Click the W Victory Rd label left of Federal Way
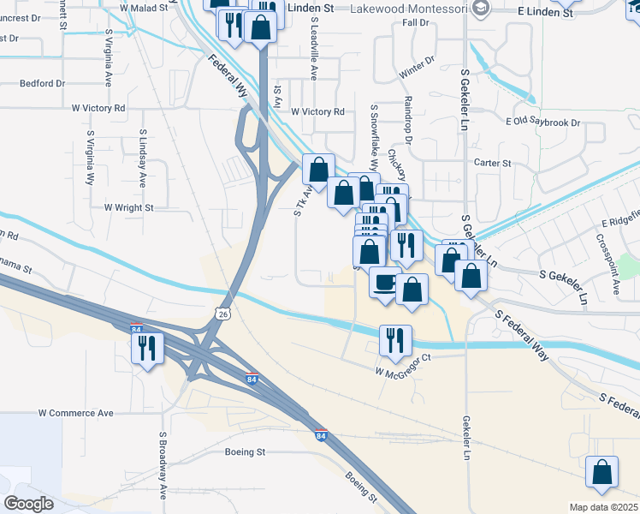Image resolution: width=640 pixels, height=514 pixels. (x=98, y=109)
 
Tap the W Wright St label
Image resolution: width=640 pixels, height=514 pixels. (x=128, y=207)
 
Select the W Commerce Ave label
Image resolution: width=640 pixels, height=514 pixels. (x=75, y=413)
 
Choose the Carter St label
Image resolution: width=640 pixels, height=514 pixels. (x=492, y=163)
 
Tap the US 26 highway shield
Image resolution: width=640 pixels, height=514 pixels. (x=222, y=314)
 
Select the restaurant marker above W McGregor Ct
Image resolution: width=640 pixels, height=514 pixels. (x=395, y=339)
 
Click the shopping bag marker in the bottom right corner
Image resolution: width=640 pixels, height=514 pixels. (x=602, y=472)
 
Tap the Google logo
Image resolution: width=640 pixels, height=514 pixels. (x=29, y=504)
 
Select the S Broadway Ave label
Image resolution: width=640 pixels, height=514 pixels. (x=163, y=465)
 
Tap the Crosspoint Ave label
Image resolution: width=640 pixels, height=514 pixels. (x=615, y=266)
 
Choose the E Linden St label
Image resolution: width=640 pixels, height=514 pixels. (x=545, y=13)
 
